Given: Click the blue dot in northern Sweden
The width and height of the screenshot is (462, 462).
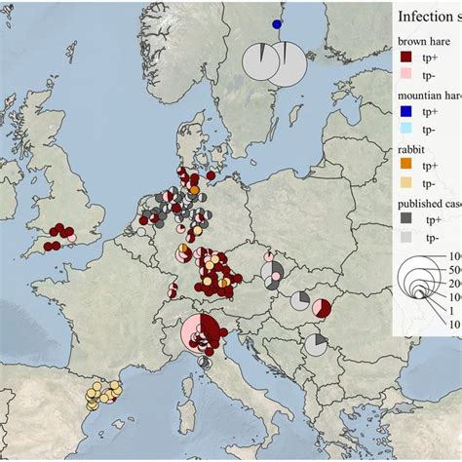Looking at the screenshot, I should tap(277, 24).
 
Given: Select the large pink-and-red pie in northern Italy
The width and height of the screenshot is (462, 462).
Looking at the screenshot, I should tap(202, 334).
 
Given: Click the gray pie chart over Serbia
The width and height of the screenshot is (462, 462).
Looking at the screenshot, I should tap(316, 343).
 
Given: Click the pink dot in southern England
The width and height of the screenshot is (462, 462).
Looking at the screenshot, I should tap(72, 239).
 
